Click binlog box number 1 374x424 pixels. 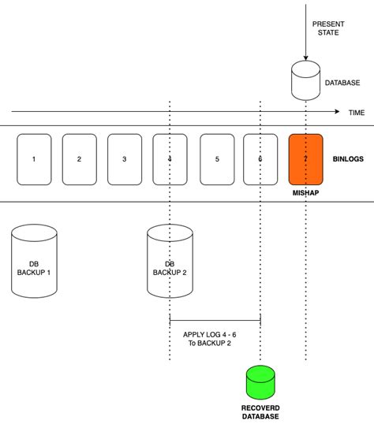point(34,159)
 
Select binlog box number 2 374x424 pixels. point(79,159)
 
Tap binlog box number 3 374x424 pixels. point(125,159)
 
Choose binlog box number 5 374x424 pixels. point(217,159)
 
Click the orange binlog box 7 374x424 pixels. point(305,159)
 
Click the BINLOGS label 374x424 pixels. point(348,159)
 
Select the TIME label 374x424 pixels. point(357,113)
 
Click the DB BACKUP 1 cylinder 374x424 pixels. point(34,262)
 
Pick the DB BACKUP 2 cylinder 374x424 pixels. point(170,262)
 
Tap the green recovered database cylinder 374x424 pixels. point(260,382)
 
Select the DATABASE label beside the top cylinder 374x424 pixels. point(343,82)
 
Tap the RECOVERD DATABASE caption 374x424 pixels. point(260,411)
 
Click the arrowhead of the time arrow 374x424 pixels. point(338,113)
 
